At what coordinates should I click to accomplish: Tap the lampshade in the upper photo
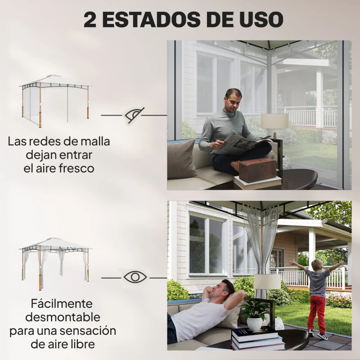coord(274,121)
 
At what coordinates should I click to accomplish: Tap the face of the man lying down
coord(223,291)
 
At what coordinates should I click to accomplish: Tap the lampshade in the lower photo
coord(267,282)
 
